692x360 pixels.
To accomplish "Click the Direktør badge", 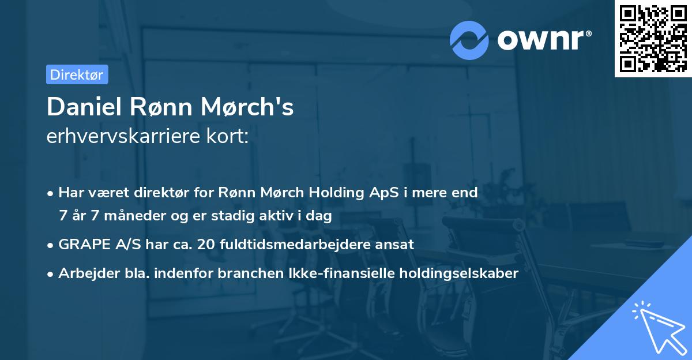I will pos(77,74).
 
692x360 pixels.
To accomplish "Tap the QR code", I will pos(652,38).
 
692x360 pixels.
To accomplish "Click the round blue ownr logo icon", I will pos(469,40).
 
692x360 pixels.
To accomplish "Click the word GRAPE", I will pos(80,244).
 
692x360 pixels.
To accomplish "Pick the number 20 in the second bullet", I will pos(205,244).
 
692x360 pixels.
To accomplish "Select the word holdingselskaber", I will pos(461,273).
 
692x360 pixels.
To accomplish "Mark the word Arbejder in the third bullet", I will pos(84,273).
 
